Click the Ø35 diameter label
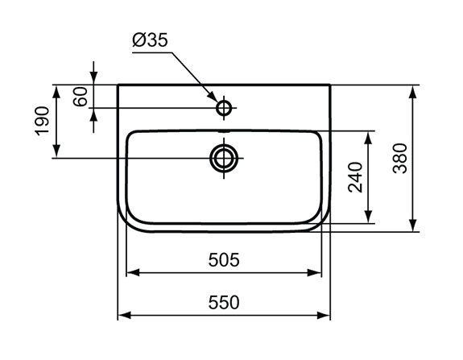(x=150, y=40)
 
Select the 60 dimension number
(x=81, y=97)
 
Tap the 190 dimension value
(x=42, y=121)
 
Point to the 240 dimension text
(x=355, y=177)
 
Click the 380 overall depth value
(x=400, y=158)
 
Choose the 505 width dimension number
(x=224, y=260)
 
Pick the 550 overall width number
(x=224, y=303)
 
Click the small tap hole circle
(x=224, y=108)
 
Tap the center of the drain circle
(x=224, y=159)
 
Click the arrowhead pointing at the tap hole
(x=213, y=96)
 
